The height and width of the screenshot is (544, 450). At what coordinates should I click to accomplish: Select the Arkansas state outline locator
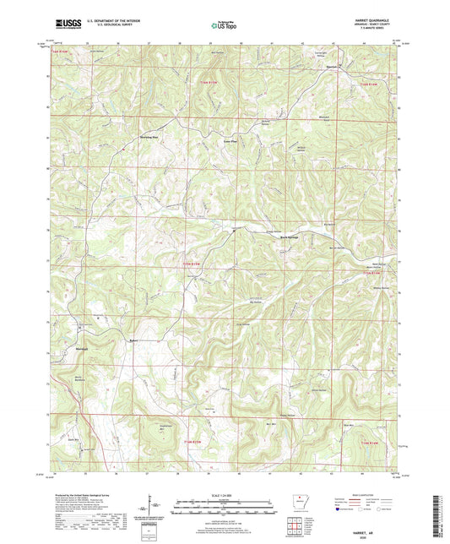(x=297, y=498)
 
